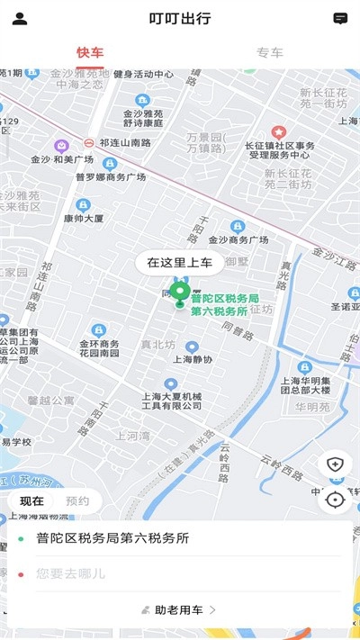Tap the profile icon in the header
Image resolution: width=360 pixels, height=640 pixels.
[x=20, y=18]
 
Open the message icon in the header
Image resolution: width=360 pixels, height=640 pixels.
[x=340, y=18]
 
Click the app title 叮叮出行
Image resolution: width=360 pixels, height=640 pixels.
[x=180, y=18]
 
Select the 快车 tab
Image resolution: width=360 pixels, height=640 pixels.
[x=90, y=52]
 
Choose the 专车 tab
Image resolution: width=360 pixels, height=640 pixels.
[x=270, y=52]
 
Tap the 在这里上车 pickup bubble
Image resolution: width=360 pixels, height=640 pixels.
[x=180, y=263]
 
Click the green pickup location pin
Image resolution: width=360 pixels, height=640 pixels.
[x=181, y=293]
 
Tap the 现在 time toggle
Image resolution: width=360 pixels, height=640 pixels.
[x=31, y=500]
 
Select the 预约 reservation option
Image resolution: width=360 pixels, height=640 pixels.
[x=77, y=500]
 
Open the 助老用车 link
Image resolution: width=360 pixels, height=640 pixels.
[x=180, y=609]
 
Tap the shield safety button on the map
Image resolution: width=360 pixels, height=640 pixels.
[x=335, y=464]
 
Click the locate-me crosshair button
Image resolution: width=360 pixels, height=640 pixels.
[x=335, y=499]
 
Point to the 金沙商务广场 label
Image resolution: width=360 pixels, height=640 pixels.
[x=238, y=239]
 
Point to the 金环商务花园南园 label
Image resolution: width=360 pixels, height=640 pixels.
[x=98, y=348]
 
